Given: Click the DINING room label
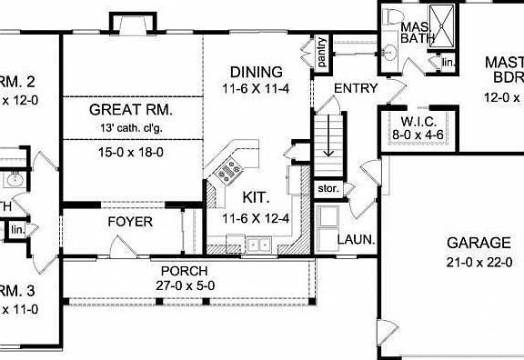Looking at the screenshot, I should [x=256, y=72].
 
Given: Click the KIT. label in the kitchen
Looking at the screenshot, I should [x=256, y=196].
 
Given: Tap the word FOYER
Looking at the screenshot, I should [x=130, y=222].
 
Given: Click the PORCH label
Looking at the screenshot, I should [x=185, y=271].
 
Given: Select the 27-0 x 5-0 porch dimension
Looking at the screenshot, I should [x=185, y=285].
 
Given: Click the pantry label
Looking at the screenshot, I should [x=320, y=52].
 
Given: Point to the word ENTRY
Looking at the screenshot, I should [x=356, y=87].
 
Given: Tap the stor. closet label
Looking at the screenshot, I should [x=327, y=189].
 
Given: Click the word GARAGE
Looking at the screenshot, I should [x=479, y=243].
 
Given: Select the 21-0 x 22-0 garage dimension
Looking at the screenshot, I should [x=479, y=262].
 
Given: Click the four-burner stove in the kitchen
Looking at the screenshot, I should [x=226, y=167].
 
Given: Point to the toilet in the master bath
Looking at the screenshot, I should [x=392, y=19].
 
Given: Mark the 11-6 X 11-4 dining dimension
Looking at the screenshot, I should [x=256, y=90].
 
